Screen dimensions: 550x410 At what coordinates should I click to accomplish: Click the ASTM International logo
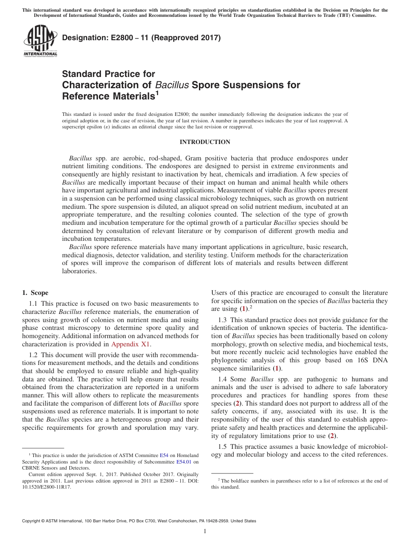coord(40,41)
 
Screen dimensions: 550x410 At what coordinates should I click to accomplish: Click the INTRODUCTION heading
coord(205,142)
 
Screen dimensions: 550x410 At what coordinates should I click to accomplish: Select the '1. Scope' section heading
coord(35,293)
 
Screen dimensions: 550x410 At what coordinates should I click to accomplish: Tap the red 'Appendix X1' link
coord(131,345)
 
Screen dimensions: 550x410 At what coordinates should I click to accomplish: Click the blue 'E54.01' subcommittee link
coord(184,462)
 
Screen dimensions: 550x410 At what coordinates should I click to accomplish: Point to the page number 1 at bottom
coord(205,531)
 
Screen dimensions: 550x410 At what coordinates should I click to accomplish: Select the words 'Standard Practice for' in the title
coord(108,74)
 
